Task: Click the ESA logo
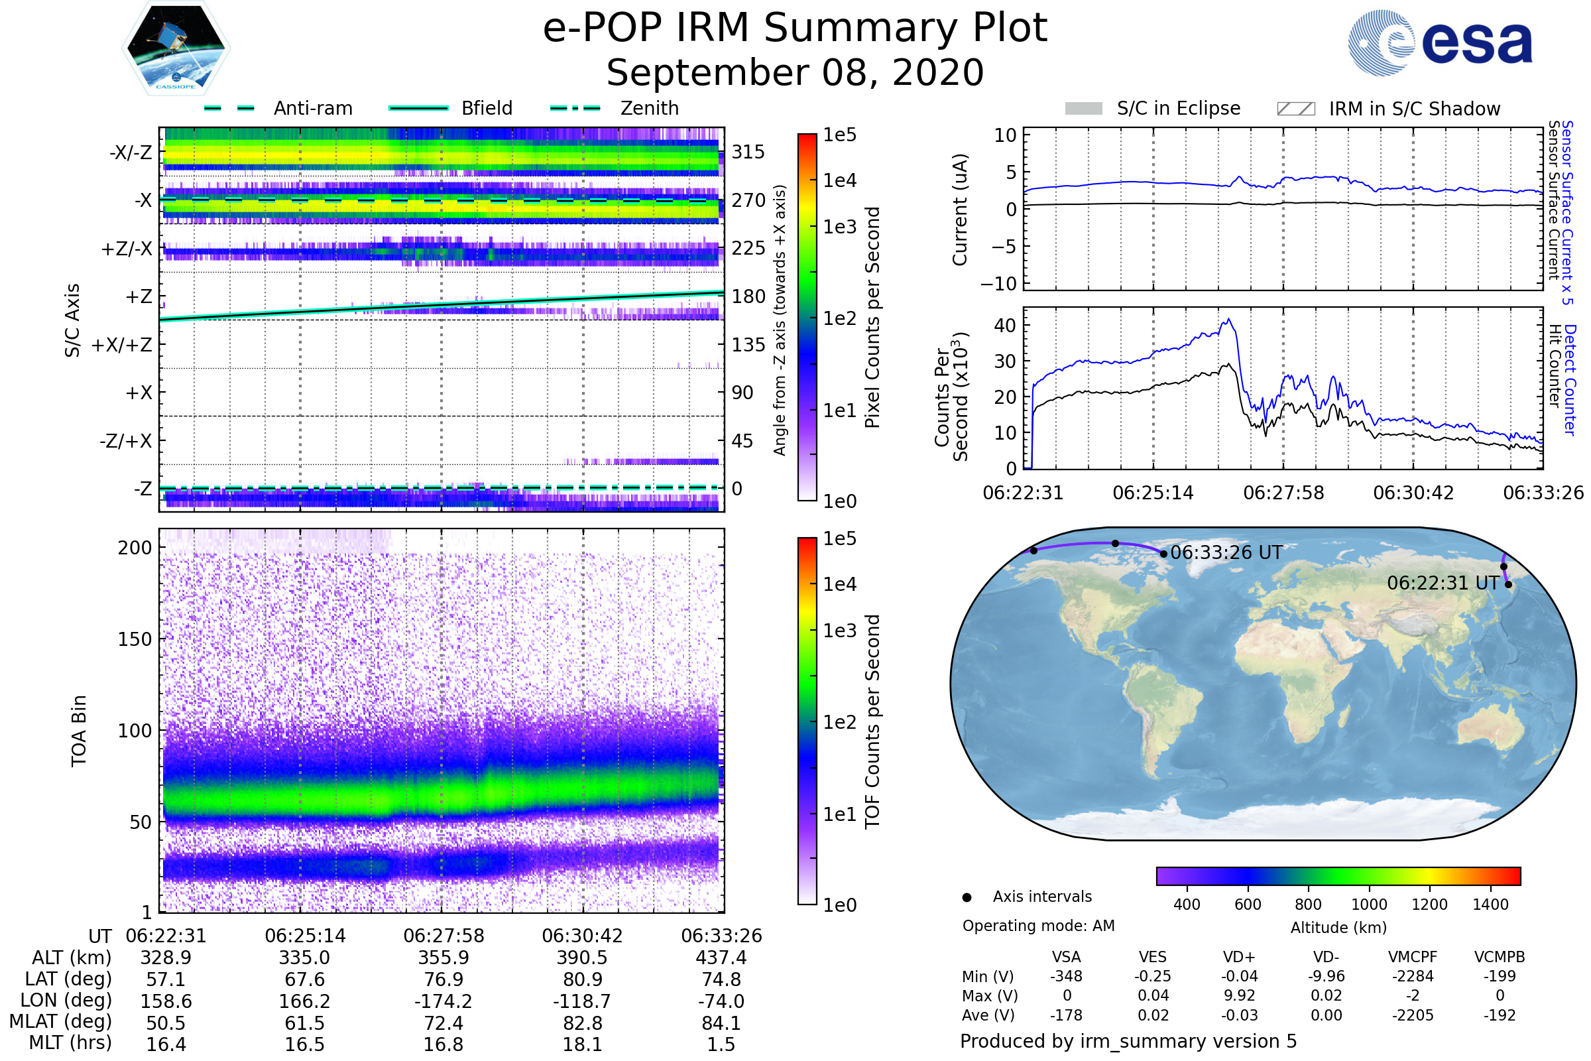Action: coord(1440,42)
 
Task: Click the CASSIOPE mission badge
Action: coord(176,48)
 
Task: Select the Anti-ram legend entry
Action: coord(278,108)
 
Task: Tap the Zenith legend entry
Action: coord(615,108)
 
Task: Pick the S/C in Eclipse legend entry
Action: coord(1153,108)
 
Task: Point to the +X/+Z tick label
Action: coord(122,345)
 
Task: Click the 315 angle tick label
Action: coord(748,152)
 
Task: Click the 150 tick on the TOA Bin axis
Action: coord(135,639)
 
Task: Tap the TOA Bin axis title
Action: coord(78,730)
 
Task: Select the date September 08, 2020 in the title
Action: coord(795,72)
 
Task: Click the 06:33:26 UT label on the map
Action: coord(1226,552)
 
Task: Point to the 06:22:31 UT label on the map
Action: coord(1443,583)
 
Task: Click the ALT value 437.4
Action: coord(721,958)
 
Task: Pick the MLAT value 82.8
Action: coord(582,1023)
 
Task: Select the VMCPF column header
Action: coord(1413,957)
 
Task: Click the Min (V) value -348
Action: coord(1066,975)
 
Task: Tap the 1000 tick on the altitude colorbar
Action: coord(1369,905)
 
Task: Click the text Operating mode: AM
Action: coord(1038,926)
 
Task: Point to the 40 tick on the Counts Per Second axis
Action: coord(1004,326)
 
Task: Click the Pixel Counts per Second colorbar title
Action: coord(872,318)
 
